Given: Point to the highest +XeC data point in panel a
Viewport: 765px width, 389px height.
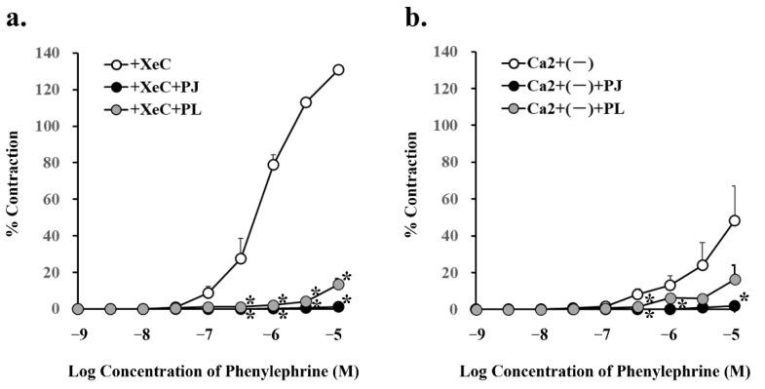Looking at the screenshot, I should pos(338,69).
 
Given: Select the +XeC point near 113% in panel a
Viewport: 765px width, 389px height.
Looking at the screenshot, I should pos(306,102).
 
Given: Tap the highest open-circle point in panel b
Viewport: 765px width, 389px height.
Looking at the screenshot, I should pos(734,220).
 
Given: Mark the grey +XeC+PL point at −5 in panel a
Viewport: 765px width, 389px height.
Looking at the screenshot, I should pos(338,284).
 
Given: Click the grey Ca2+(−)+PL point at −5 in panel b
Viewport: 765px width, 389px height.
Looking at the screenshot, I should pos(734,279).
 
